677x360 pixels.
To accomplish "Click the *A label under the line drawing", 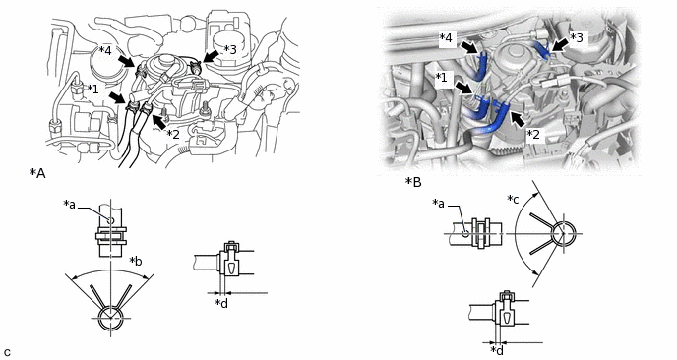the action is pyautogui.click(x=37, y=173).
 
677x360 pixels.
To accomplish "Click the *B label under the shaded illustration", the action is pyautogui.click(x=413, y=182).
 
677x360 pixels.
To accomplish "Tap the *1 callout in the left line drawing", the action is pyautogui.click(x=92, y=89).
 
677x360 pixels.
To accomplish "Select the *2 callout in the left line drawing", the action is pyautogui.click(x=173, y=134).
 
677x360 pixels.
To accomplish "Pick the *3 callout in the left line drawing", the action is pyautogui.click(x=230, y=49).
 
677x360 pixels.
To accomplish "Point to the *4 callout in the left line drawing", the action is pyautogui.click(x=105, y=50).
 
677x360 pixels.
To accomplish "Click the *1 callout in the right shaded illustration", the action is pyautogui.click(x=441, y=78).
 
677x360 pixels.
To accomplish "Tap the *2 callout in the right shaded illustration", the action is pyautogui.click(x=533, y=134).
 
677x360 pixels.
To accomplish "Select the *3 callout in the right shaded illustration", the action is pyautogui.click(x=577, y=38).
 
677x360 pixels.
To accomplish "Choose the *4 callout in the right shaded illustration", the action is pyautogui.click(x=446, y=38).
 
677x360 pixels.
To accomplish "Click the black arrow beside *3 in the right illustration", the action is pyautogui.click(x=560, y=46).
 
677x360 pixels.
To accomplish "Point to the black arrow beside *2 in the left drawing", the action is pyautogui.click(x=159, y=122).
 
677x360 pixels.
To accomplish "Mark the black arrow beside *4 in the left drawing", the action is pyautogui.click(x=126, y=60).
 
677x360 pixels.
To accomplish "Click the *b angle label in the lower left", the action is pyautogui.click(x=136, y=262).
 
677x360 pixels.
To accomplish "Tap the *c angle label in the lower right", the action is pyautogui.click(x=513, y=200).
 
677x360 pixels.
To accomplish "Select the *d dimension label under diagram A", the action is pyautogui.click(x=221, y=304).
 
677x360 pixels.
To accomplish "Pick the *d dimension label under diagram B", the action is pyautogui.click(x=497, y=349).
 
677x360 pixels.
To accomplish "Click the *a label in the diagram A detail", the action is pyautogui.click(x=69, y=205).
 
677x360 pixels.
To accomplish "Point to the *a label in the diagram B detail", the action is pyautogui.click(x=438, y=204).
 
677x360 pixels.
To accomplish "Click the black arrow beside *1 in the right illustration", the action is pyautogui.click(x=465, y=89).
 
